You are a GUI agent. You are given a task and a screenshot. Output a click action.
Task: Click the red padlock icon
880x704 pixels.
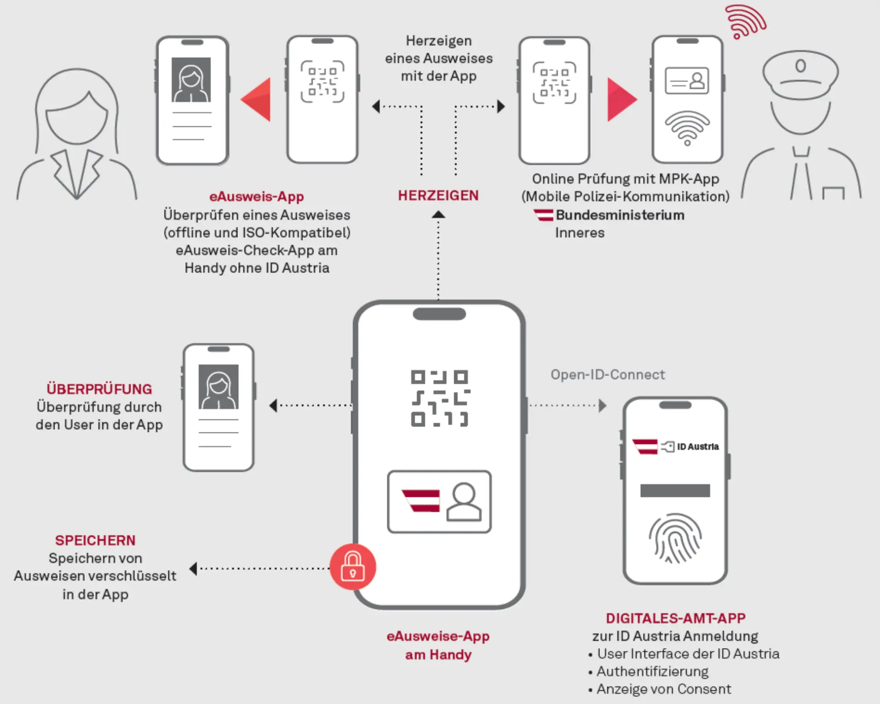click(352, 567)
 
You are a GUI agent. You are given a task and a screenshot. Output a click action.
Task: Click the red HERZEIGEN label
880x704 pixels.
click(438, 196)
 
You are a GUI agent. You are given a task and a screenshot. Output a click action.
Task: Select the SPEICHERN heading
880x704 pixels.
click(95, 540)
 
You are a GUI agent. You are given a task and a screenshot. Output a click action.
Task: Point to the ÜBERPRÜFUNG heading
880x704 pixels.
click(99, 389)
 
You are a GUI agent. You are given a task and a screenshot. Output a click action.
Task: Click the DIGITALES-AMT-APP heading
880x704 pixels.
click(676, 618)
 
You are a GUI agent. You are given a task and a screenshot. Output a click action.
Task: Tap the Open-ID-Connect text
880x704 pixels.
click(607, 375)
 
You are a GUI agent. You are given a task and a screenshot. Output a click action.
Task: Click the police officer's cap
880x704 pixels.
click(800, 73)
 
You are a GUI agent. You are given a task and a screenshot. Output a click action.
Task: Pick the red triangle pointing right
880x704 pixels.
click(620, 99)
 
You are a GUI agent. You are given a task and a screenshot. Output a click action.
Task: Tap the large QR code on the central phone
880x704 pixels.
click(440, 398)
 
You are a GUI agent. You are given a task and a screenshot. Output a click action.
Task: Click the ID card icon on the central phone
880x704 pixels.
click(439, 502)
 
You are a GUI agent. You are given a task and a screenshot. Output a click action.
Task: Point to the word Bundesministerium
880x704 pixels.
click(620, 215)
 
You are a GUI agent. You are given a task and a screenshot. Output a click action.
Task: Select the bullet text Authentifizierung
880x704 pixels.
click(652, 671)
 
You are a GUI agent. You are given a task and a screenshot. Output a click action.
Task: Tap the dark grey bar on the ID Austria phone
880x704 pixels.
click(675, 491)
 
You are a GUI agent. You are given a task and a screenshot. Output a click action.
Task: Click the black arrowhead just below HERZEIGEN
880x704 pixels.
click(438, 214)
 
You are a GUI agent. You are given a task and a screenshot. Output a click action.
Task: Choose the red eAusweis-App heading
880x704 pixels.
click(256, 196)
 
